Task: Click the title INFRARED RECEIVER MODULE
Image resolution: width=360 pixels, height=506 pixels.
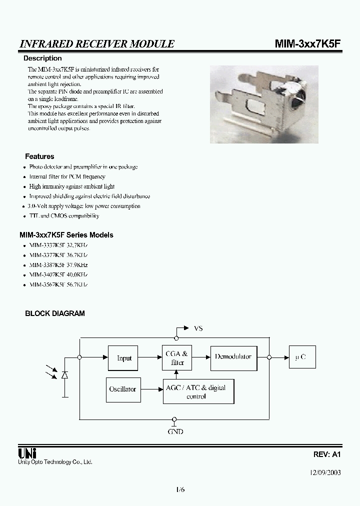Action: (96, 44)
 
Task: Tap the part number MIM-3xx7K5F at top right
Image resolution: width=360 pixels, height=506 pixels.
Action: (308, 44)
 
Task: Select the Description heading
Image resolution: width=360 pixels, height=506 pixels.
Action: (43, 58)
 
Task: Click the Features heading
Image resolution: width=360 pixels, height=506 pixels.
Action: (39, 156)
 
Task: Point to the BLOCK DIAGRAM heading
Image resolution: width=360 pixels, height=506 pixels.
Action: (55, 313)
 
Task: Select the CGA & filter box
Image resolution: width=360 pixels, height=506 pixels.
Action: (177, 358)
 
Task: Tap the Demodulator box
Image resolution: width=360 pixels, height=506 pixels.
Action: (233, 357)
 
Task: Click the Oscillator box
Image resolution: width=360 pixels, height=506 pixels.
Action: (122, 389)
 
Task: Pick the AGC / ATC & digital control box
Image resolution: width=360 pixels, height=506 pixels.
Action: (198, 391)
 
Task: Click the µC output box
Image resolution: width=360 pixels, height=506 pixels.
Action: (301, 357)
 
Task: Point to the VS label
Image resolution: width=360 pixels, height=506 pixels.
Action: (198, 328)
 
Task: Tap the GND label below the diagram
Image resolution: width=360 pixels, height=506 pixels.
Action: (175, 431)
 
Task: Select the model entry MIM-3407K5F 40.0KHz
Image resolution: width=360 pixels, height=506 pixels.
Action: (58, 274)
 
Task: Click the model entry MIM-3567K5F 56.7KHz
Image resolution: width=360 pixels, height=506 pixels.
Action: (58, 284)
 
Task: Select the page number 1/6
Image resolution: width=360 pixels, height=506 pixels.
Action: (180, 489)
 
